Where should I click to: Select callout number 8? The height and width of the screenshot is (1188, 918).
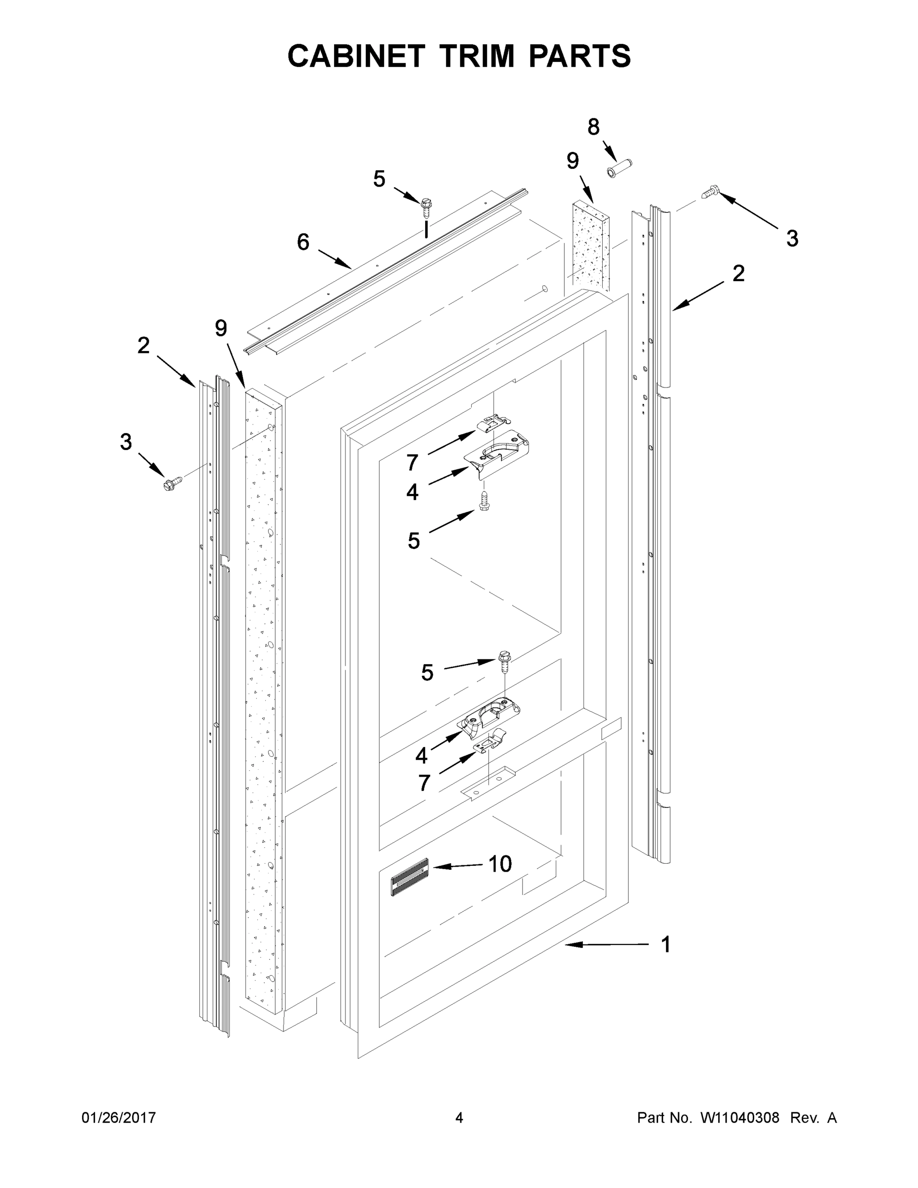593,127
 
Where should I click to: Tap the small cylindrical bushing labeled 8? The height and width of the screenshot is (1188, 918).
619,167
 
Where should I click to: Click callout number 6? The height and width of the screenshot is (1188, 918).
303,242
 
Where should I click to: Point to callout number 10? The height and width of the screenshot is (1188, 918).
500,864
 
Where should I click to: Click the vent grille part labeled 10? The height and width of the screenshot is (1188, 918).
409,876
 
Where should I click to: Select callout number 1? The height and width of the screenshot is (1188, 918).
666,945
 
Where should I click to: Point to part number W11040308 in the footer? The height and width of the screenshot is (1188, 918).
740,1117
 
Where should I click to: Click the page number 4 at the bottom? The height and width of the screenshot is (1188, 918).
459,1117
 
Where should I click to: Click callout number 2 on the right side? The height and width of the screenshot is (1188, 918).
738,274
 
